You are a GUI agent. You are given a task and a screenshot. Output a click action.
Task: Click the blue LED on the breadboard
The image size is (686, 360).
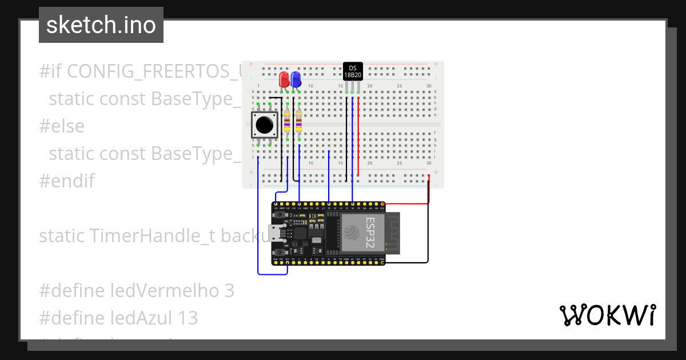pyautogui.click(x=296, y=79)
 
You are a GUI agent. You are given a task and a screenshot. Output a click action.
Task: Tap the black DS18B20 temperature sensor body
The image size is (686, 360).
pyautogui.click(x=353, y=71)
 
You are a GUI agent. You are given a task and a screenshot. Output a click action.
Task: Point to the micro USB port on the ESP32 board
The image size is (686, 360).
pyautogui.click(x=276, y=233)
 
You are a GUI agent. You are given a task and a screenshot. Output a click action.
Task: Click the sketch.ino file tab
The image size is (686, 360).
pyautogui.click(x=101, y=25)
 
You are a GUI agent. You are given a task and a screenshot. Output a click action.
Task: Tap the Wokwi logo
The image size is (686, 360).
pyautogui.click(x=607, y=315)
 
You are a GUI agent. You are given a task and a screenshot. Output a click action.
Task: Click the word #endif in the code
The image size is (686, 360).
pyautogui.click(x=66, y=181)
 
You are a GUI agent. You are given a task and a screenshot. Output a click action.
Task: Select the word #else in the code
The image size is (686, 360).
pyautogui.click(x=62, y=126)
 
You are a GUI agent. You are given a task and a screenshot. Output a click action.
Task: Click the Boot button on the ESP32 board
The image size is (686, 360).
pyautogui.click(x=280, y=252)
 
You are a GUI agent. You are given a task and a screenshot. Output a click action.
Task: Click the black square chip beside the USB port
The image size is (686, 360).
pyautogui.click(x=299, y=233)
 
